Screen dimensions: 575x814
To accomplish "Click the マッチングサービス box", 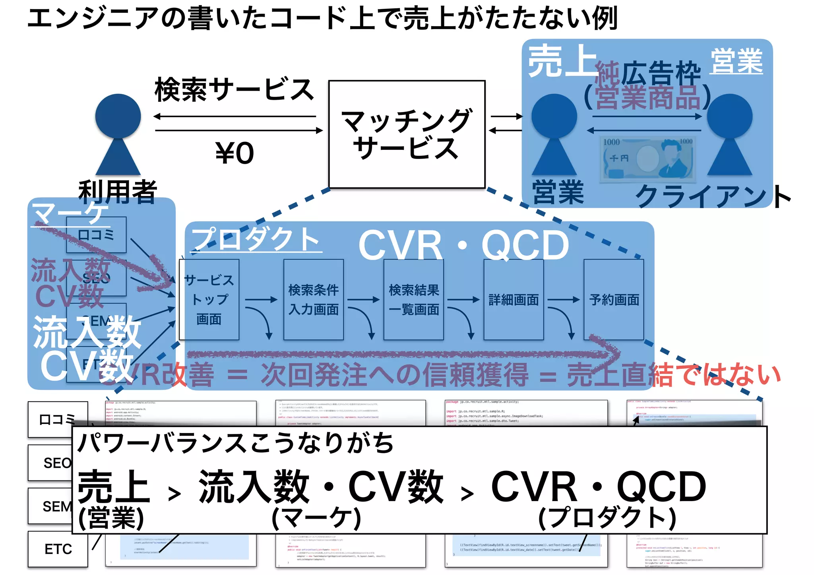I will pyautogui.click(x=407, y=134).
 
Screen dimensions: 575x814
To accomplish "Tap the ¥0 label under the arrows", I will pyautogui.click(x=235, y=153).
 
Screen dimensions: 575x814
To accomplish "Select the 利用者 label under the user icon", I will pyautogui.click(x=118, y=192).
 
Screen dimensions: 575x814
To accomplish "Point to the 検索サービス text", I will pyautogui.click(x=235, y=89).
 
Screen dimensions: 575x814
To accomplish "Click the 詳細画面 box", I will pyautogui.click(x=514, y=300).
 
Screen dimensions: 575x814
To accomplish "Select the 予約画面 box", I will pyautogui.click(x=614, y=300).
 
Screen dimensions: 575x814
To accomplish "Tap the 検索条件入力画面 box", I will pyautogui.click(x=314, y=300).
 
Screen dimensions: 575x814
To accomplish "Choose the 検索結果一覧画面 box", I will pyautogui.click(x=413, y=300).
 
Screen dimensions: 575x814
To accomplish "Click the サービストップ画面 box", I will pyautogui.click(x=209, y=300).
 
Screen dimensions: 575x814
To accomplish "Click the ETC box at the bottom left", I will pyautogui.click(x=58, y=549).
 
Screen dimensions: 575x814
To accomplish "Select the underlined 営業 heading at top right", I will pyautogui.click(x=736, y=61).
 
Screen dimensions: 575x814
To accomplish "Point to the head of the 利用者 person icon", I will pyautogui.click(x=118, y=116).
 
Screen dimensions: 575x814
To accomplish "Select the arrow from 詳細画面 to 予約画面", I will pyautogui.click(x=563, y=300).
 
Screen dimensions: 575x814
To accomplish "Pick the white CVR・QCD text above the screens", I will pyautogui.click(x=464, y=245).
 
